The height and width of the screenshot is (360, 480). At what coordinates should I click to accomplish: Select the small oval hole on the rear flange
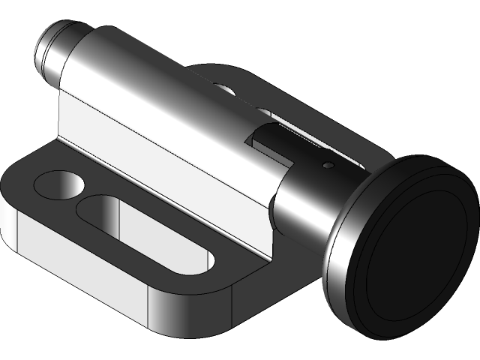[223, 88]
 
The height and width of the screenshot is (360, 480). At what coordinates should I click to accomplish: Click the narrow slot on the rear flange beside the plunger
[300, 135]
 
